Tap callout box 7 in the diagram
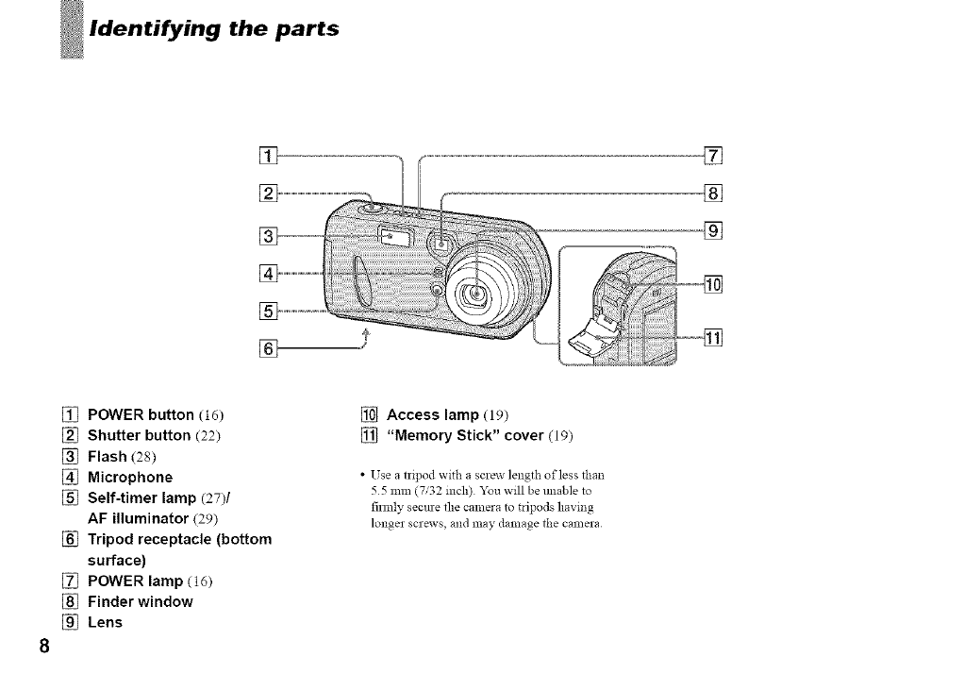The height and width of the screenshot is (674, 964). (714, 156)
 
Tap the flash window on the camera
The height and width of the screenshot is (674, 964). (393, 237)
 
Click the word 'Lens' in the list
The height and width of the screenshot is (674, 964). (105, 622)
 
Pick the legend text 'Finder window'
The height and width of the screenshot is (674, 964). (140, 601)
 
